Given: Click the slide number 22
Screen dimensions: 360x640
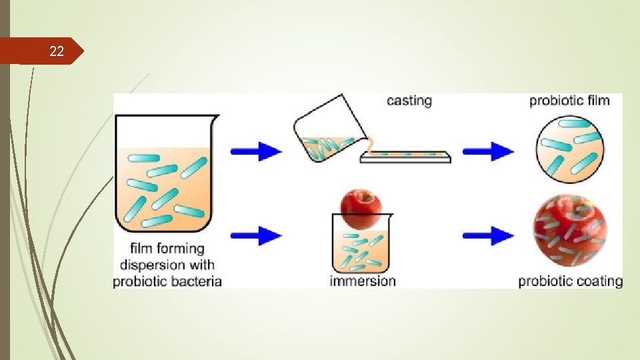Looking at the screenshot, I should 57,51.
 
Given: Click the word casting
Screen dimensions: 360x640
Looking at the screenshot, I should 409,101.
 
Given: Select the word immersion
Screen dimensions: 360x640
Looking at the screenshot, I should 363,281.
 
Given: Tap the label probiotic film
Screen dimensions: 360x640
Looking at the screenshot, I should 569,101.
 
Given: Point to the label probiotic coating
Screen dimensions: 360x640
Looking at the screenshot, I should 570,281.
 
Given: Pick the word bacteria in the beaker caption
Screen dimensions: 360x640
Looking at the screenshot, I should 194,281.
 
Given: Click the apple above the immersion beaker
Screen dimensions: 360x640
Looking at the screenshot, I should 360,208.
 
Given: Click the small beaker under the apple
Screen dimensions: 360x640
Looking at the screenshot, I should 360,248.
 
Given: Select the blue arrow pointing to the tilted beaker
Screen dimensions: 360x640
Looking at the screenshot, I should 256,151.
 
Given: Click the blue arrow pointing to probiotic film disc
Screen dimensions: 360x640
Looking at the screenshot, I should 488,151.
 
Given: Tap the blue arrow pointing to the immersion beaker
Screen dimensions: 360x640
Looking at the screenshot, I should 256,235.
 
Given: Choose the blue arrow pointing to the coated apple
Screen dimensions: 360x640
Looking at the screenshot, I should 488,235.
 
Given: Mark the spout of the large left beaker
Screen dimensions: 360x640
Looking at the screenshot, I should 213,120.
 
